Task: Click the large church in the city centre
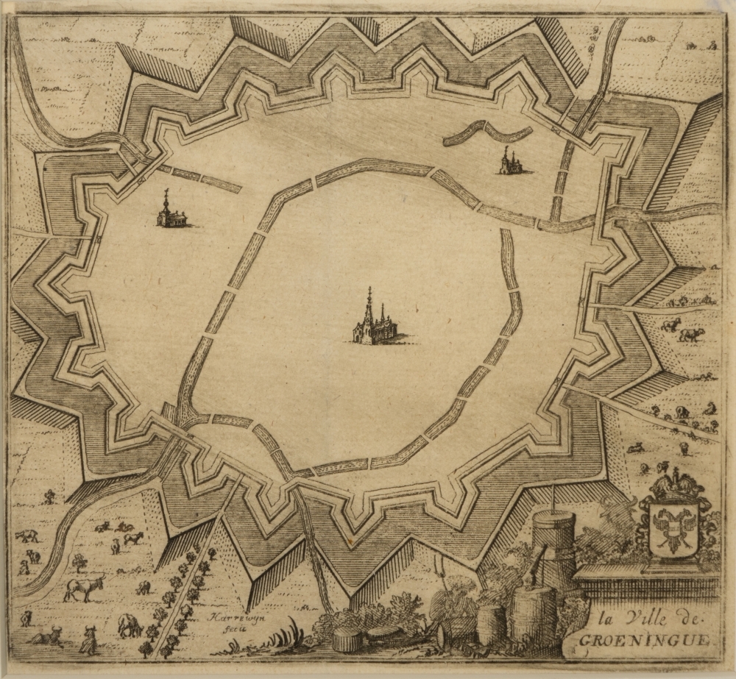tap(375, 327)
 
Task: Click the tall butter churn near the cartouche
tap(553, 541)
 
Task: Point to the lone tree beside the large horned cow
tap(79, 563)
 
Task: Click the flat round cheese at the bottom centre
tap(347, 640)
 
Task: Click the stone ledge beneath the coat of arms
tap(648, 574)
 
